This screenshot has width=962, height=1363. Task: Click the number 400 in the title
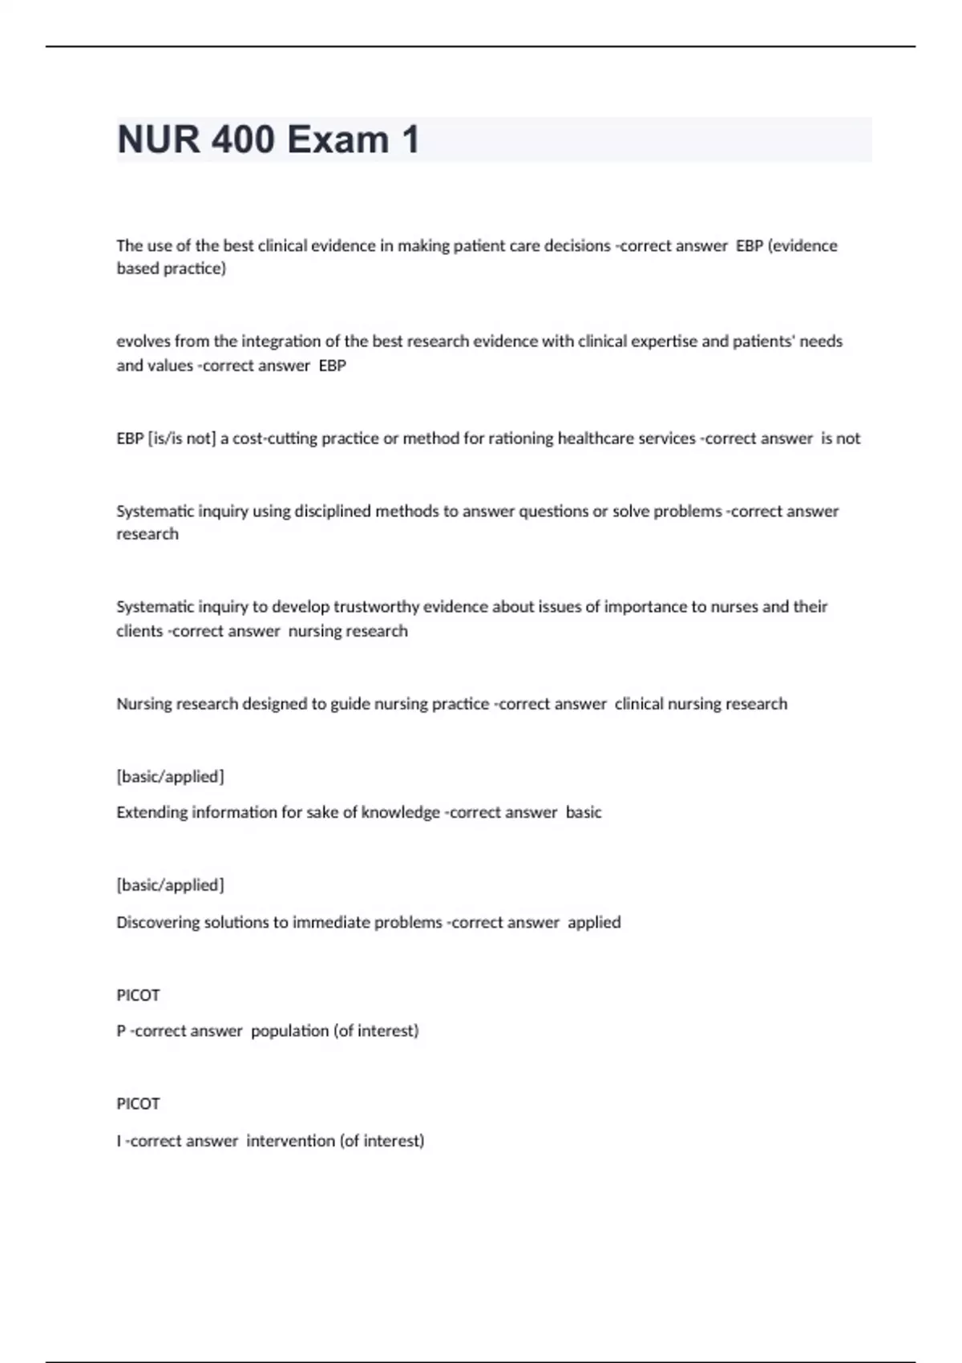click(x=242, y=140)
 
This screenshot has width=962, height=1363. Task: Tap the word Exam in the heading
click(x=338, y=140)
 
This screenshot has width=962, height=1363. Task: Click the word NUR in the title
click(x=158, y=140)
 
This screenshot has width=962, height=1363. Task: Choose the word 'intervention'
click(x=290, y=1140)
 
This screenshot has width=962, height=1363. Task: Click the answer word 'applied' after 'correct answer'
click(x=594, y=922)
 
